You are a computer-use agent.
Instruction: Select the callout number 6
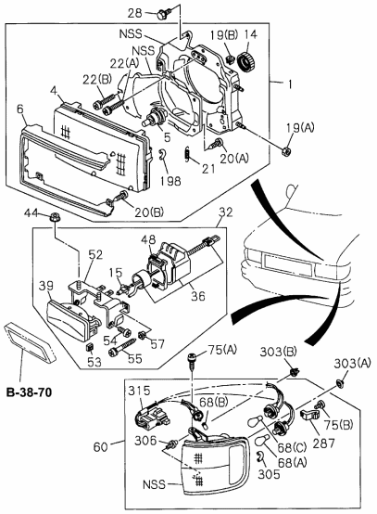click(x=20, y=109)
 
